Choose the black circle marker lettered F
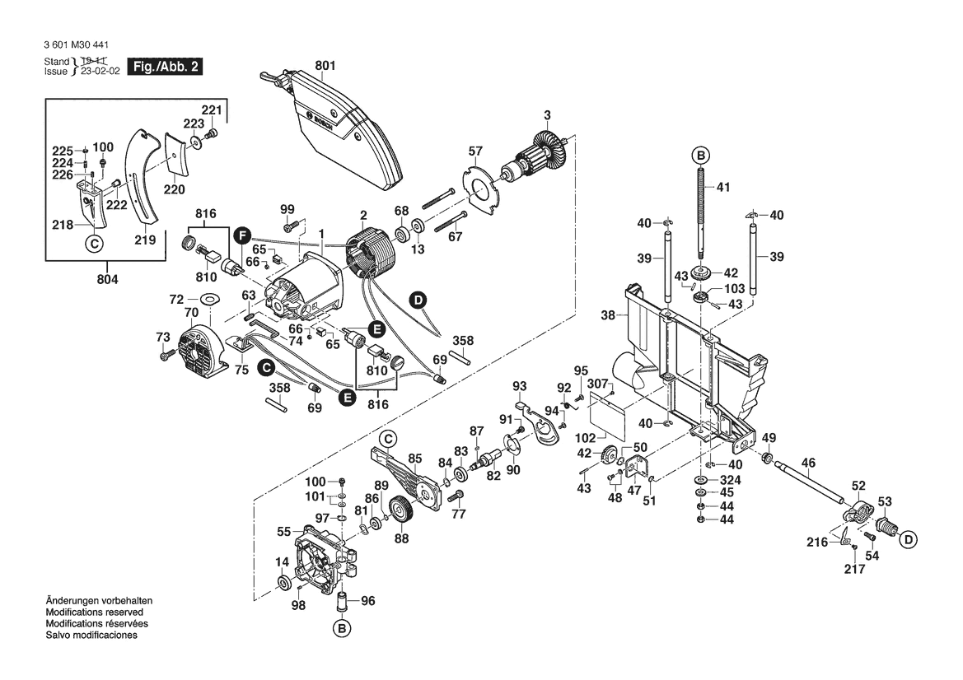click(x=241, y=235)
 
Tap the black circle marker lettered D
click(x=418, y=300)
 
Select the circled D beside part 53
click(x=907, y=540)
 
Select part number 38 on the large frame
click(x=609, y=314)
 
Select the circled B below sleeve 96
click(x=341, y=629)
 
